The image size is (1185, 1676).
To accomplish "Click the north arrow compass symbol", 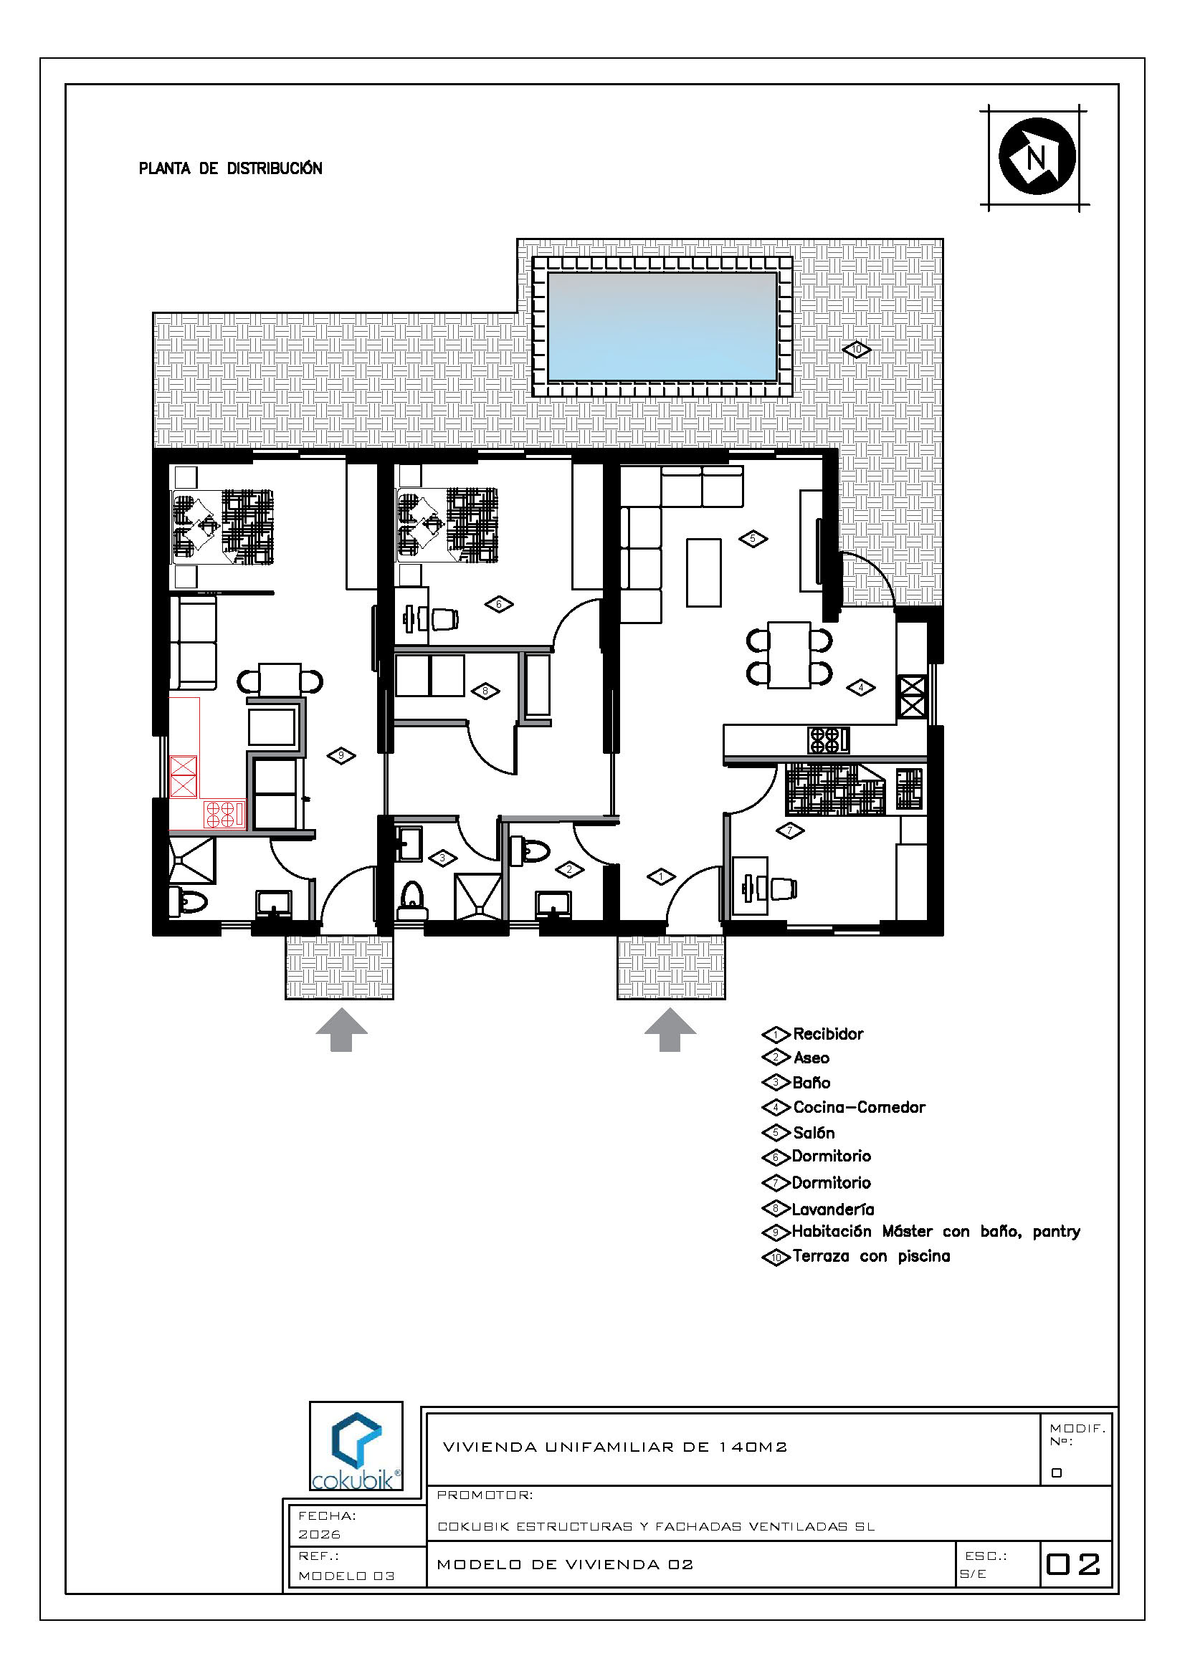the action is [x=1036, y=156].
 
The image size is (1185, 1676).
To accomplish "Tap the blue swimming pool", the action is [x=662, y=326].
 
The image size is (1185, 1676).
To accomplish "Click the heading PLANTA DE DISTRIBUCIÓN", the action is [x=231, y=168].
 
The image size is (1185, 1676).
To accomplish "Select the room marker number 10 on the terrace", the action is [x=857, y=350].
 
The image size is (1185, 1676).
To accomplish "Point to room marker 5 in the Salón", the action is [x=753, y=539].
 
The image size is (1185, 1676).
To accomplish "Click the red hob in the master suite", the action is [x=224, y=813].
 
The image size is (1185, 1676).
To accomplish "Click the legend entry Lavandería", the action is [x=833, y=1209].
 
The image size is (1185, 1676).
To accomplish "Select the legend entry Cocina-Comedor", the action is [x=860, y=1107].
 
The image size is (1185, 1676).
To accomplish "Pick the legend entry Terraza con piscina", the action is [x=872, y=1256].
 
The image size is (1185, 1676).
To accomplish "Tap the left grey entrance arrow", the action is [x=342, y=1029].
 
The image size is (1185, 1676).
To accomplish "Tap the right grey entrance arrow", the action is [x=670, y=1029].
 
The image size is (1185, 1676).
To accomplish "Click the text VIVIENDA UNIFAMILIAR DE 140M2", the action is [x=615, y=1447].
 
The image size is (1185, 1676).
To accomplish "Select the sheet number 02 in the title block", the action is [x=1073, y=1564].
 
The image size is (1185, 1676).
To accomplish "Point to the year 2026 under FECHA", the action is [x=319, y=1534].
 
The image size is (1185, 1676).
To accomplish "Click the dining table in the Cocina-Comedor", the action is [x=789, y=655].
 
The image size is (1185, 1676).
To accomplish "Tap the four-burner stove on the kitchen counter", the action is [x=828, y=740].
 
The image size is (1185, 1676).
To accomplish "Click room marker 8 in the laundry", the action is [x=485, y=691].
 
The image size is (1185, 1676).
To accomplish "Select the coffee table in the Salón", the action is [x=704, y=573].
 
